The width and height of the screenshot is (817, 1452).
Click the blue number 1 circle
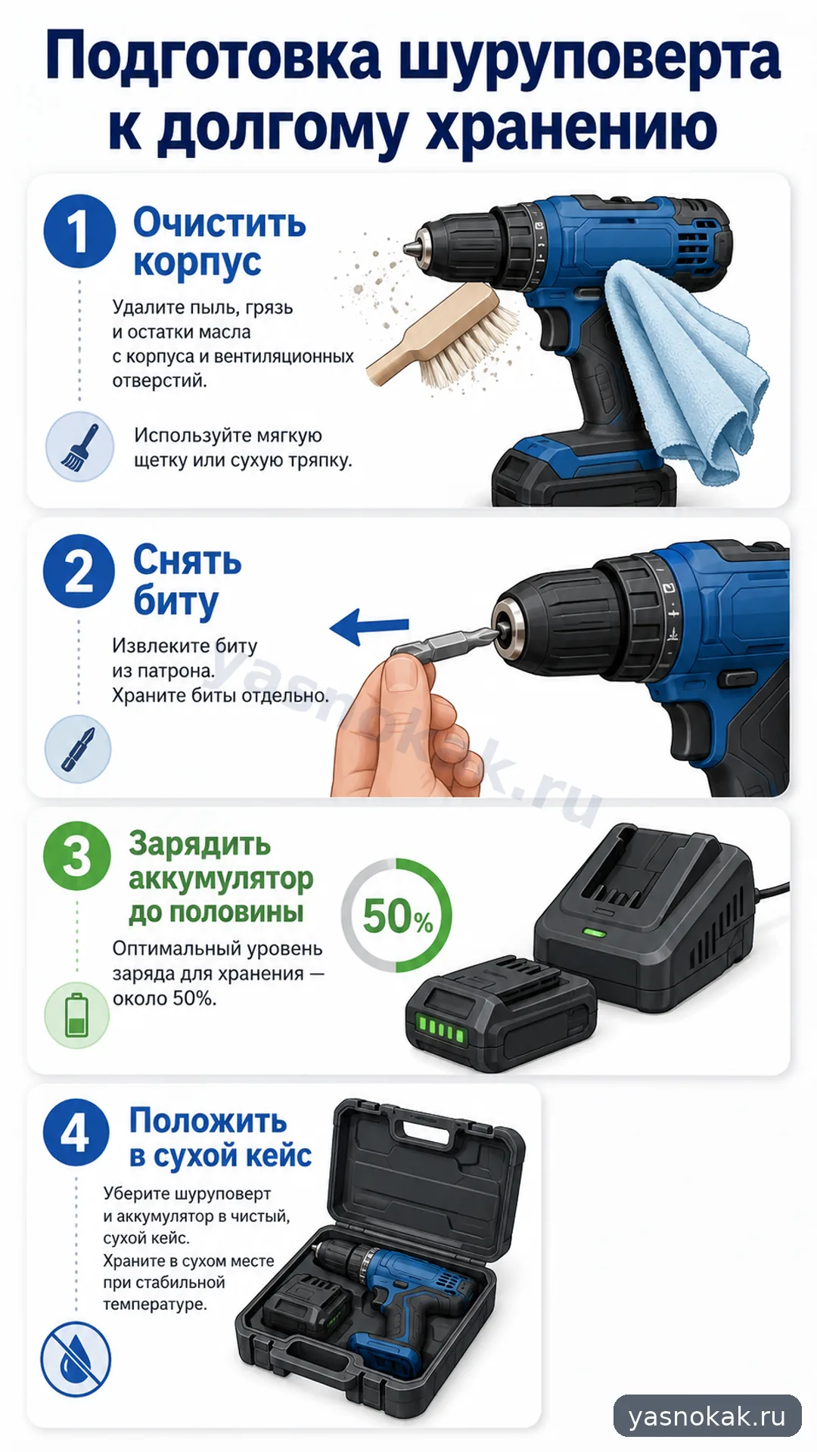pos(79,231)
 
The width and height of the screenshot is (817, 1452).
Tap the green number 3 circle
pos(77,856)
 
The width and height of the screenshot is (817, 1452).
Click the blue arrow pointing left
pos(369,627)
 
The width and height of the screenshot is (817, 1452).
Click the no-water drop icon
pos(76,1359)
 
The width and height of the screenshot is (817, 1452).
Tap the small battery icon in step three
pos(77,1015)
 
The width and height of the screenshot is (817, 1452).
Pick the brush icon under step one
pos(79,446)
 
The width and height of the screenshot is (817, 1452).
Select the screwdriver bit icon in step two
pos(78,749)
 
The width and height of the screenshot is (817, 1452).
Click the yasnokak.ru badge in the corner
pos(707,1416)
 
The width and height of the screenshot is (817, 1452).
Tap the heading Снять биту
pos(187,581)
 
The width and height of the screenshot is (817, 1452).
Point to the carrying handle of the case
pos(427,1128)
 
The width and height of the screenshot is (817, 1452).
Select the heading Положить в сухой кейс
pos(220,1139)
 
